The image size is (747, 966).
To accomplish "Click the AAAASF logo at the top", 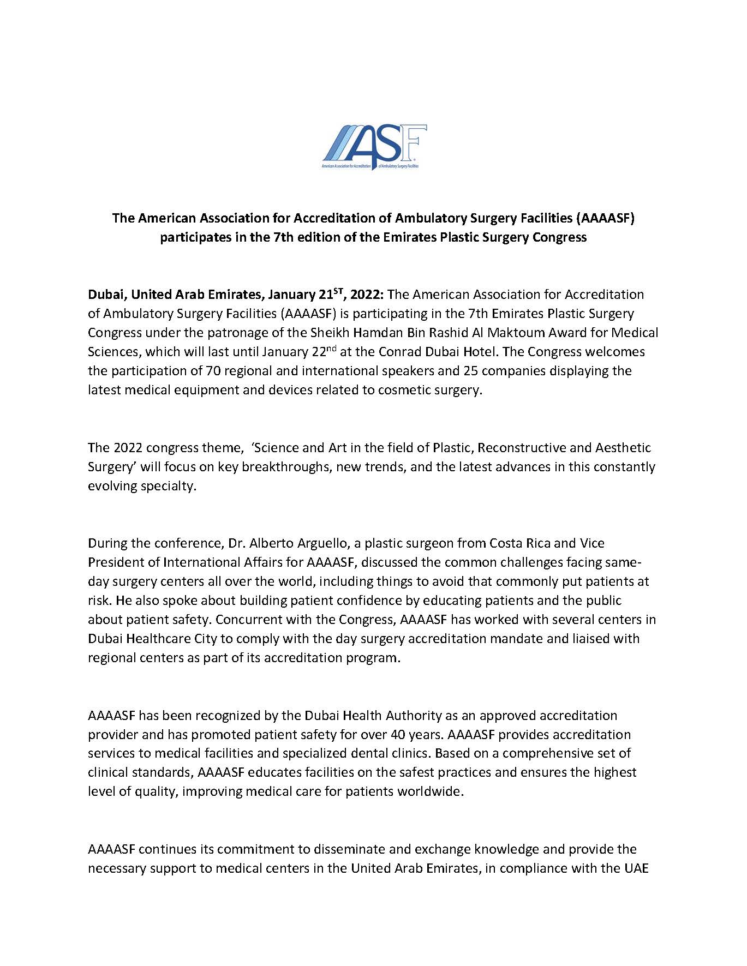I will click(x=374, y=147).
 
